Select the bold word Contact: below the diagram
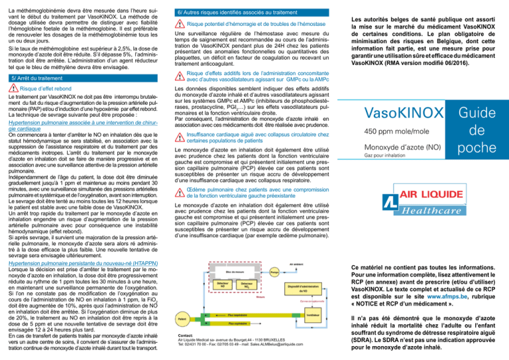(186, 335)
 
